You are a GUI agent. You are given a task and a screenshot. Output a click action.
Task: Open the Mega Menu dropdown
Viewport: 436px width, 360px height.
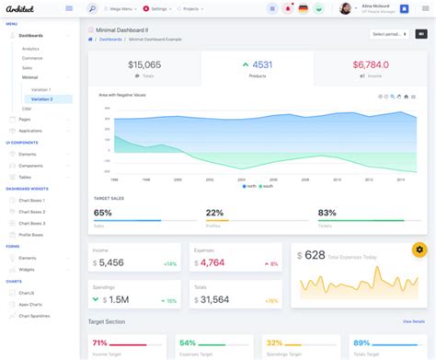point(124,8)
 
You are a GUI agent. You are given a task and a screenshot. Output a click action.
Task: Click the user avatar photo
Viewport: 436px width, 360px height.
point(345,8)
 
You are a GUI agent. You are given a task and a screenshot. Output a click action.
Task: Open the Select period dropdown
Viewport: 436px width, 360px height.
point(385,34)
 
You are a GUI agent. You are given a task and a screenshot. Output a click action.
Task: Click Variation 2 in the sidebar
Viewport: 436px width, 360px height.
point(43,99)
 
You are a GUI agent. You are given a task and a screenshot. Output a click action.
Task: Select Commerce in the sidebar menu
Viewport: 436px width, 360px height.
point(31,57)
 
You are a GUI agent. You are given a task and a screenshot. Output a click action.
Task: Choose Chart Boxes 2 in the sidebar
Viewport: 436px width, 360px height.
point(32,213)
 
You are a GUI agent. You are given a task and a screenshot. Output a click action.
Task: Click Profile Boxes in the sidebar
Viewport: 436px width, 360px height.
point(32,233)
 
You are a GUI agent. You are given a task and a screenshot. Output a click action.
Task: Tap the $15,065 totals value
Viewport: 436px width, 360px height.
point(143,64)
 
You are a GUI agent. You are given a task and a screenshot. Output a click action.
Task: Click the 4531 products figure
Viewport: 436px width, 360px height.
point(261,64)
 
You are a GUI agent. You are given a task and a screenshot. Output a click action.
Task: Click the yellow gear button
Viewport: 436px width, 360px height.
point(419,249)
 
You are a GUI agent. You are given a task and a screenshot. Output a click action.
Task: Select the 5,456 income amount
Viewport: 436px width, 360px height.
point(110,262)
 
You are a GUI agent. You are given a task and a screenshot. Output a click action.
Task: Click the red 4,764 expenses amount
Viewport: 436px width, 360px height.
point(212,262)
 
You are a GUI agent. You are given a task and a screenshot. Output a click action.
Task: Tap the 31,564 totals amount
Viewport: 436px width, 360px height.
point(214,299)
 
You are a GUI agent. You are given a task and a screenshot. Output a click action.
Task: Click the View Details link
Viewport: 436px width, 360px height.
point(413,321)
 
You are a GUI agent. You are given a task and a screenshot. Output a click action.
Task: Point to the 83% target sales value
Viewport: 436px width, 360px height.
point(327,213)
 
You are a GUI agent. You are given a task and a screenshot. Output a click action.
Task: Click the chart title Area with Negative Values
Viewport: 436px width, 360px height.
point(122,95)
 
